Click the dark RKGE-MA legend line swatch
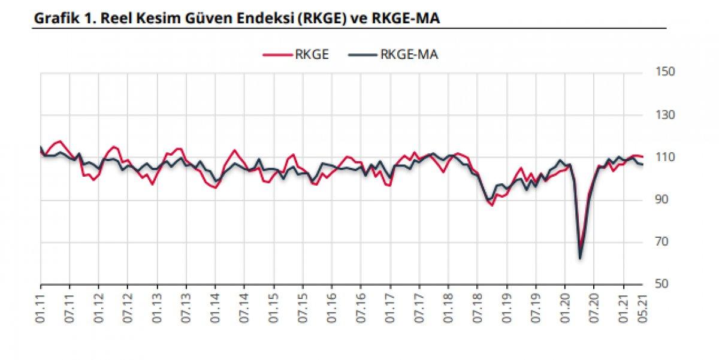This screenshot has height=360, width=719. [362, 55]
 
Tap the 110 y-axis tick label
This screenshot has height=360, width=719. [666, 158]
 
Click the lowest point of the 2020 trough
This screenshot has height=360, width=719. [580, 258]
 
